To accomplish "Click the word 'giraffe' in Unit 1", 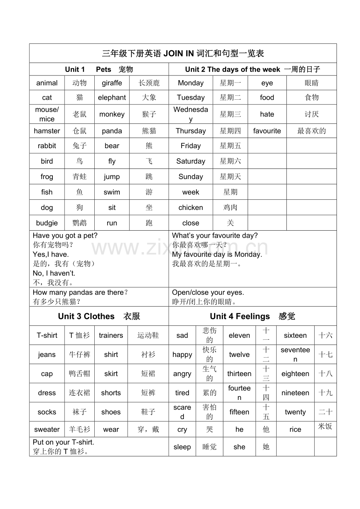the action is (x=112, y=83).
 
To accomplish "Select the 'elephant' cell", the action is (x=112, y=97).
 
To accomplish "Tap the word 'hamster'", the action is (x=47, y=131).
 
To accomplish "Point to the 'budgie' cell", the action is (x=47, y=223).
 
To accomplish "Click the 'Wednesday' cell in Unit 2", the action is (x=191, y=114).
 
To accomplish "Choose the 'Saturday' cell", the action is (x=191, y=161).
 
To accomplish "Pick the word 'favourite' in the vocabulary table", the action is (x=267, y=131).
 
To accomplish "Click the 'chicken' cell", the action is (x=191, y=208).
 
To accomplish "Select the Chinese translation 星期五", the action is (x=230, y=146).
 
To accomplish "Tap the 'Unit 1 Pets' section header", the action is (x=99, y=70).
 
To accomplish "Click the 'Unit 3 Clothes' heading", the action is (x=99, y=316).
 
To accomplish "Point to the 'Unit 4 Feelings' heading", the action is (x=252, y=316).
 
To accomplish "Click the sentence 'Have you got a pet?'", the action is (x=65, y=235).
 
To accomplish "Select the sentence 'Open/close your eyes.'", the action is (x=208, y=292).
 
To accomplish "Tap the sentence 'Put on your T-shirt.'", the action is (x=64, y=442).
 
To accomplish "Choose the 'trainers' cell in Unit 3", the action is (x=111, y=335).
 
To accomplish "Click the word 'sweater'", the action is (x=47, y=429).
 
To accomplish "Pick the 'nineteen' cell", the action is (x=295, y=393).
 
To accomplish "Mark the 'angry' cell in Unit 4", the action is (x=182, y=374).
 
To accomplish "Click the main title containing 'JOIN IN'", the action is (x=183, y=54).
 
